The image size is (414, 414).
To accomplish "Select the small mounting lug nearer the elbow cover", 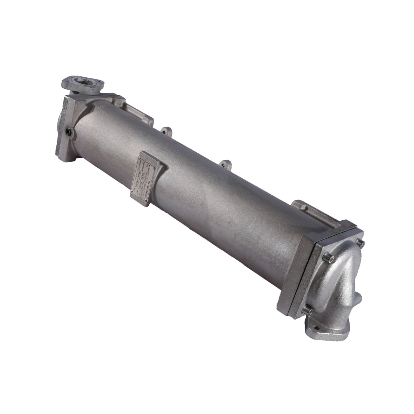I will pyautogui.click(x=227, y=164).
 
